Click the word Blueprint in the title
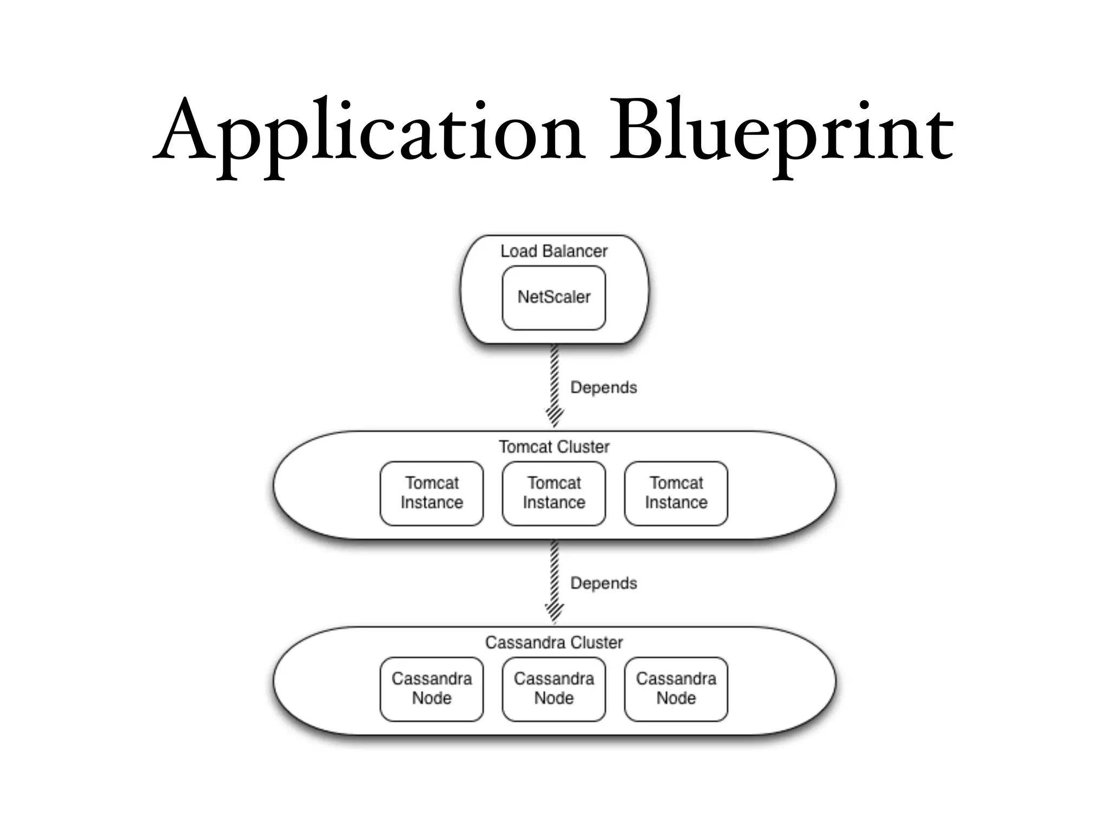781,133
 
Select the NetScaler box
553,298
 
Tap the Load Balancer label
553,252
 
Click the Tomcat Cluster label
553,447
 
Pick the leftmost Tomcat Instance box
432,493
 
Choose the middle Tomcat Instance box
553,493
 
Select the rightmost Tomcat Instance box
676,493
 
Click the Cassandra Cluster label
553,643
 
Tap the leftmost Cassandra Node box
432,689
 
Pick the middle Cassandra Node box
553,689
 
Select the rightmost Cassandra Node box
676,689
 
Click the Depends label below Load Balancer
603,388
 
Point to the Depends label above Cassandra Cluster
603,584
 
